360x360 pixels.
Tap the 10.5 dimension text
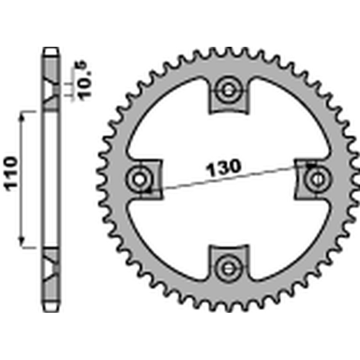[x=85, y=81]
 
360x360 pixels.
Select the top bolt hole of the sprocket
[x=228, y=90]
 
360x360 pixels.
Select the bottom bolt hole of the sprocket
[x=228, y=267]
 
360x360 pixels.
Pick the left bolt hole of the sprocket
[x=139, y=179]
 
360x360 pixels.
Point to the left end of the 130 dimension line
[x=148, y=191]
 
